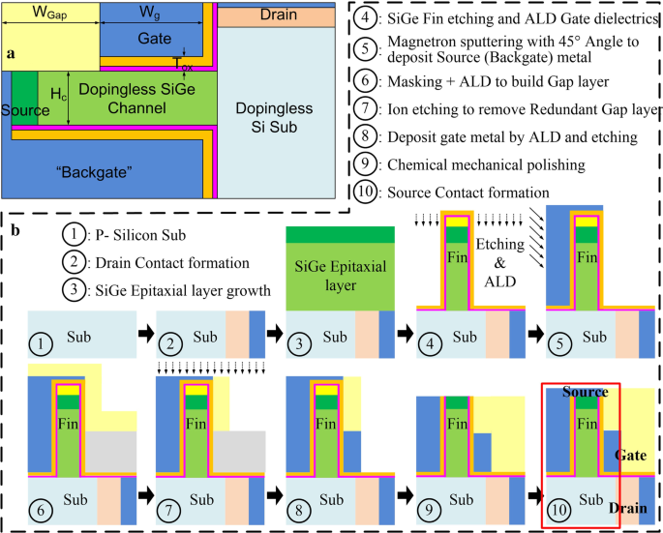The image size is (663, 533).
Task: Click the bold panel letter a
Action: tap(11, 54)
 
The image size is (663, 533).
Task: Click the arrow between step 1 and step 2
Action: tap(142, 332)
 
